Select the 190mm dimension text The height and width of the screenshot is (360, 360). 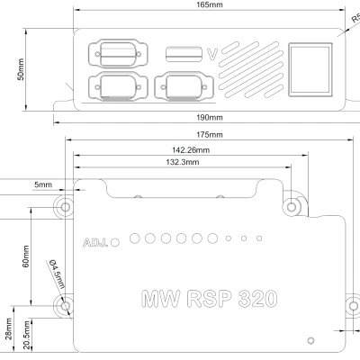(x=209, y=117)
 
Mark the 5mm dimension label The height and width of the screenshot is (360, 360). (x=43, y=184)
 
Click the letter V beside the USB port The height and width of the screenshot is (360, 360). (x=212, y=54)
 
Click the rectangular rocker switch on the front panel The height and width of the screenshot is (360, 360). (x=309, y=69)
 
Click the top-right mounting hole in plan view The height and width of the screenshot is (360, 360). (x=292, y=207)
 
